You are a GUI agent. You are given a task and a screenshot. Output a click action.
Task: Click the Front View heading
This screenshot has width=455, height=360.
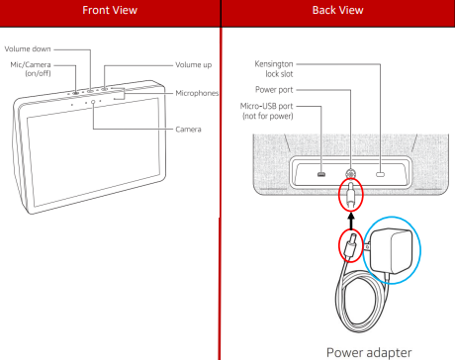[x=110, y=10]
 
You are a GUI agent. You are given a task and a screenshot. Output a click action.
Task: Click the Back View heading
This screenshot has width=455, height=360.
[x=338, y=10]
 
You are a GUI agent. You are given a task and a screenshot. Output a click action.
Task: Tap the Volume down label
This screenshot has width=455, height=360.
[x=28, y=49]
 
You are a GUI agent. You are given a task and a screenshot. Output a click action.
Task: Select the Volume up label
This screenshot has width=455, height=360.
[x=194, y=65]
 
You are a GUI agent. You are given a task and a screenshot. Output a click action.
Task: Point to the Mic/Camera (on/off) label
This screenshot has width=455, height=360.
[x=31, y=69]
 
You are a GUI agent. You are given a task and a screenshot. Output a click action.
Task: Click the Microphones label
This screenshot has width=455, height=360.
[x=197, y=93]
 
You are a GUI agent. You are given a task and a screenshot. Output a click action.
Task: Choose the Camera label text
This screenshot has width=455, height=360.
[x=188, y=130]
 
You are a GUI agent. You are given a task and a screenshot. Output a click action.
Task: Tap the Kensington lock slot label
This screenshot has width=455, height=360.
[x=274, y=69]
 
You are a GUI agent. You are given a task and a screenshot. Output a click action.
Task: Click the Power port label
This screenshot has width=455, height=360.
[x=274, y=90]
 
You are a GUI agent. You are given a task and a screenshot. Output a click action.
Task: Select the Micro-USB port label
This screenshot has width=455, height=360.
[x=267, y=111]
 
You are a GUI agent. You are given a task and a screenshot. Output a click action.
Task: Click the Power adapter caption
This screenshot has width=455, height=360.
[x=369, y=352]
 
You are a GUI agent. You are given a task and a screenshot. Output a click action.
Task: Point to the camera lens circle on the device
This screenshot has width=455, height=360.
[x=93, y=102]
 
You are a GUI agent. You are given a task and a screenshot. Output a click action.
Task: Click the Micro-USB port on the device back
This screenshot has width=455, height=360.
[x=321, y=174]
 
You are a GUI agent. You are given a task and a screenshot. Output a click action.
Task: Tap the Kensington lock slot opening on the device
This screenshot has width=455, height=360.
[x=381, y=174]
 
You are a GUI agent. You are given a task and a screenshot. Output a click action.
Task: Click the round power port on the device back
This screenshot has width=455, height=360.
[x=350, y=173]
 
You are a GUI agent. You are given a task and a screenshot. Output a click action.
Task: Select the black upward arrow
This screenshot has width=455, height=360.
[x=351, y=221]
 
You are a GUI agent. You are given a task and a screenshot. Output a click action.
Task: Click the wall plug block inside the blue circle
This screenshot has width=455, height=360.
[x=391, y=251]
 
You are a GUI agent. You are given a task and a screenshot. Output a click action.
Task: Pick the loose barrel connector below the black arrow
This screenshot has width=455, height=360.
[x=350, y=245]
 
